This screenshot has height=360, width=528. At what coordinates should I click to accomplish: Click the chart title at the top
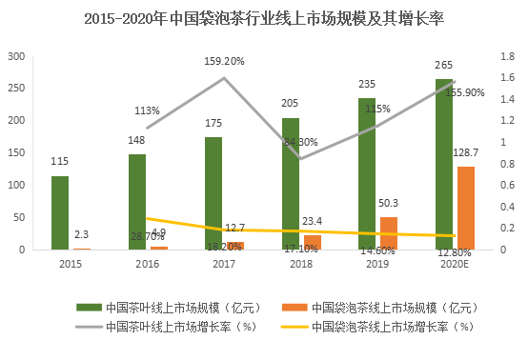[x=264, y=19]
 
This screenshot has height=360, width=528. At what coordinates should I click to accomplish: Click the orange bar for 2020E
[x=465, y=209]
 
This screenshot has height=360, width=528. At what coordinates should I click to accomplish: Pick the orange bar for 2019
[x=388, y=233]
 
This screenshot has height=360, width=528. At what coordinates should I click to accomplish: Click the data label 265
[x=444, y=66]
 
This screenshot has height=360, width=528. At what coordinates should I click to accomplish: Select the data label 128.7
[x=465, y=152]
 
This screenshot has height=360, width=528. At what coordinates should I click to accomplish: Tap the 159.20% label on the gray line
[x=224, y=61]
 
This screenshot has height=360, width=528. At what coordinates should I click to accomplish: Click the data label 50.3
[x=388, y=204]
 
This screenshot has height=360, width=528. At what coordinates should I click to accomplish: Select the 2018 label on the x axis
[x=300, y=264]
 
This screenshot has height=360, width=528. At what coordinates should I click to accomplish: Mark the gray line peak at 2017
[x=224, y=78]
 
